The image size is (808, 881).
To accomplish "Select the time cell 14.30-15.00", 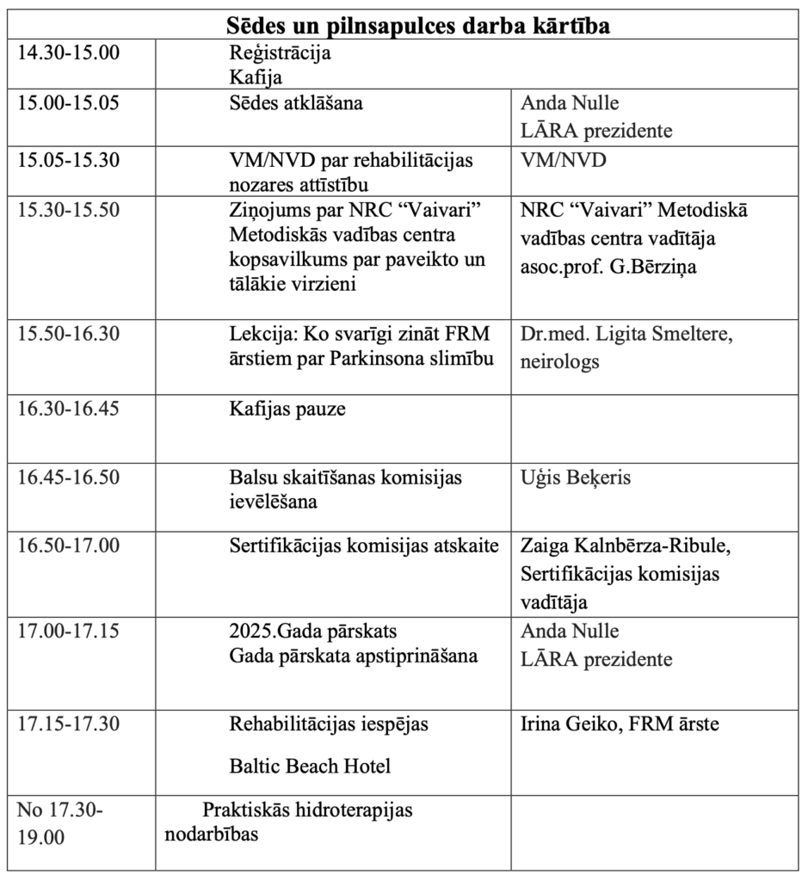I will (69, 52).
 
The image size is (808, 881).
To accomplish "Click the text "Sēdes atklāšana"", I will (296, 104).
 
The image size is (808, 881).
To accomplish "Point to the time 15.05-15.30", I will (69, 160).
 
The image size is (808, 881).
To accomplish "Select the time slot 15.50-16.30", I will (69, 333).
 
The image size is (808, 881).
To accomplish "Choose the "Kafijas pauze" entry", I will (287, 409).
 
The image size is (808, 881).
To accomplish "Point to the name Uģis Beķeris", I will (576, 476).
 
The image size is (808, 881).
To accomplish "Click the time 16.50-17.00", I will (69, 545).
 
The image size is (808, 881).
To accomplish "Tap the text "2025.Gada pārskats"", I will (313, 631).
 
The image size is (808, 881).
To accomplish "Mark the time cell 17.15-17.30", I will (69, 724).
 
